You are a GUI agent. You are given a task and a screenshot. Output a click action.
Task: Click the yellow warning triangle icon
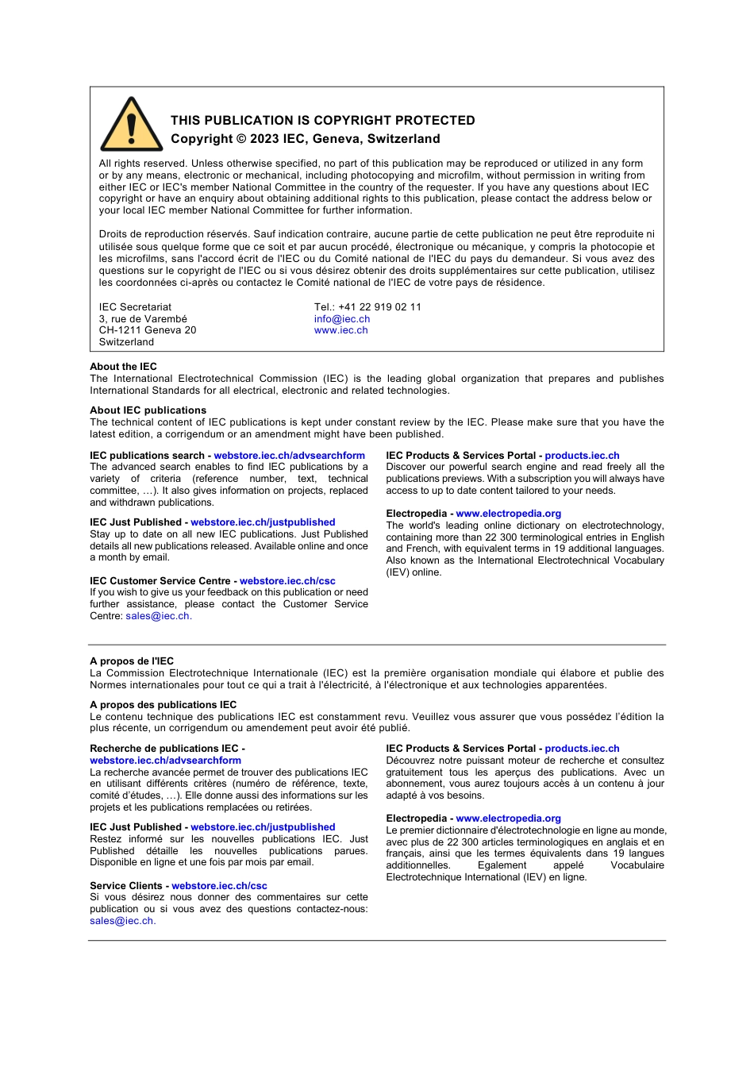[x=132, y=126]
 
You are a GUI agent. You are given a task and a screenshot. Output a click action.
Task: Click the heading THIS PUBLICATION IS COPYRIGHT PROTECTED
[x=322, y=121]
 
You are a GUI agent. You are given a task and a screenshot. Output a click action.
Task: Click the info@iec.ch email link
[x=341, y=319]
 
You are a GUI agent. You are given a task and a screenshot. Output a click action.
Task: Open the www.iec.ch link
[x=340, y=330]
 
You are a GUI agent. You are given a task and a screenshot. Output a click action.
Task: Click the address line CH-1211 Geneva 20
[x=148, y=330]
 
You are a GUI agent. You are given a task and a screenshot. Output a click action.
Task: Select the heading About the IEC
[x=123, y=367]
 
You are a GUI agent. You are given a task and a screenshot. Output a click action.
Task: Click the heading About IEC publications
[x=148, y=410]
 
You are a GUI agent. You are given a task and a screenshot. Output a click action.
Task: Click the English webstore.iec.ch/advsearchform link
[x=289, y=456]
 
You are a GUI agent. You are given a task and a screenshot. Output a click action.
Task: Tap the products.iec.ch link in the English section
[x=582, y=456]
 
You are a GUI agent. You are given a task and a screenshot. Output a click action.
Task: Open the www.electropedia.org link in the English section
[x=508, y=514]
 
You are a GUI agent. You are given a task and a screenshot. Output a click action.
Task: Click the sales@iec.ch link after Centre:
[x=157, y=616]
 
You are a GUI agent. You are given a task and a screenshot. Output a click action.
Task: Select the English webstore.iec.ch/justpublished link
[x=263, y=522]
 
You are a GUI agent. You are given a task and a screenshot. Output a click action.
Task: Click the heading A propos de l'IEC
[x=132, y=661]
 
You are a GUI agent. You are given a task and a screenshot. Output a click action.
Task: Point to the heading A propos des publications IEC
[x=163, y=705]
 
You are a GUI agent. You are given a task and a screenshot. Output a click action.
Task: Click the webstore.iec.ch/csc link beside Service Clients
[x=219, y=886]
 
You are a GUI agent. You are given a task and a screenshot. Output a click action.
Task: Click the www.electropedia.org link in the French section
[x=508, y=819]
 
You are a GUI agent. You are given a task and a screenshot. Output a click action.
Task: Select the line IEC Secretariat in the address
[x=135, y=307]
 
